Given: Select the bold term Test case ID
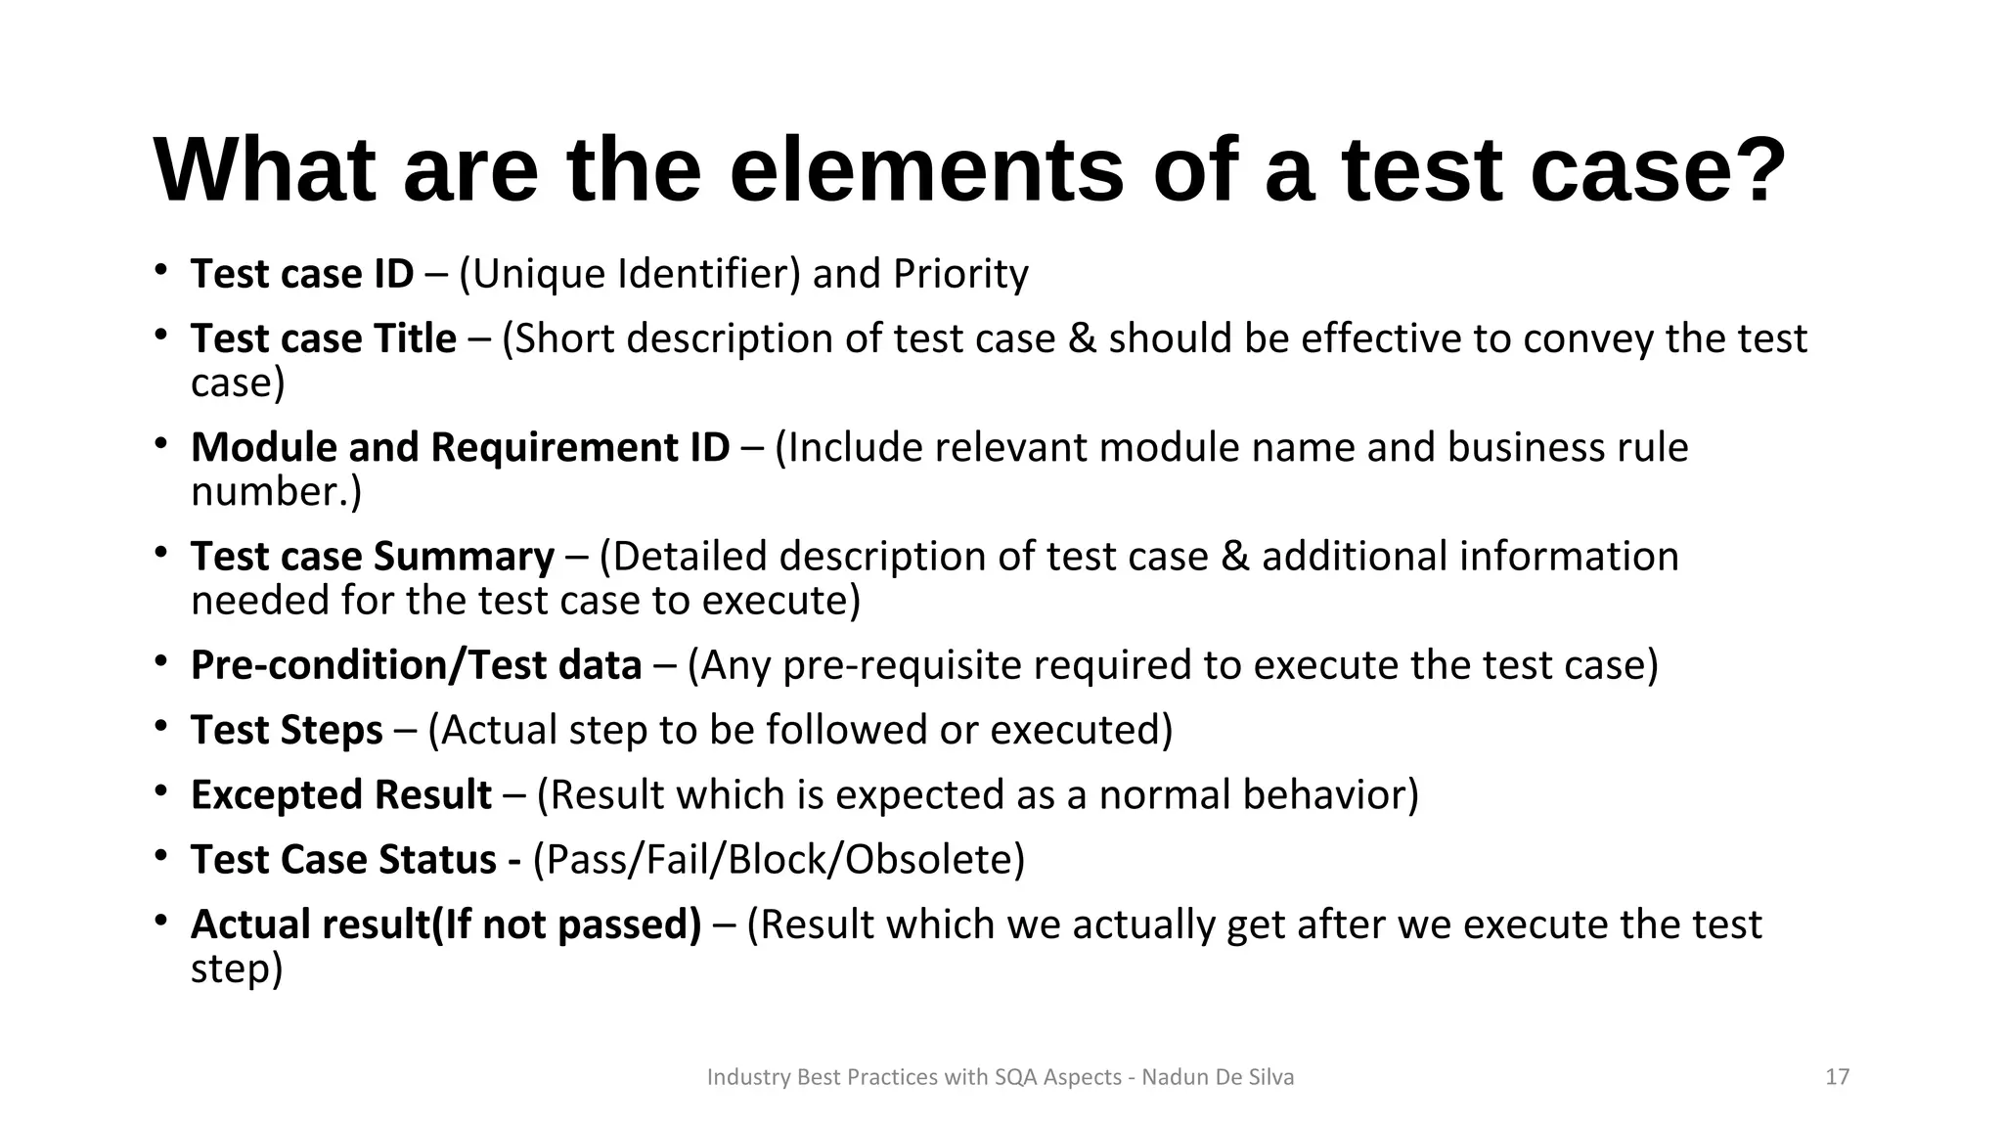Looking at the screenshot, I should pos(302,274).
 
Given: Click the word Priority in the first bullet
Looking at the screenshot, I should pos(960,274).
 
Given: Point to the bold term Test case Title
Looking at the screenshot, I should pos(324,338).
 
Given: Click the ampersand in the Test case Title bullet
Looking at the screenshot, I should pos(1082,338).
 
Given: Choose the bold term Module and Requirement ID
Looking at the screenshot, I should pos(460,447).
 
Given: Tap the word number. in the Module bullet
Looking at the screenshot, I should pos(276,491).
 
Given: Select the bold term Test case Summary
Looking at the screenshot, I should pos(373,556).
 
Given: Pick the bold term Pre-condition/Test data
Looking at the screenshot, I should pos(416,665).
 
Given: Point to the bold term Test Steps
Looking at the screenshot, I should pos(287,730).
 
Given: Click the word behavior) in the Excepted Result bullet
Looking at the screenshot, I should pos(1331,794).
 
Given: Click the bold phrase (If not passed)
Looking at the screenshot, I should pos(567,924).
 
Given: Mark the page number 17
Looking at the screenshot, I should pos(1838,1077).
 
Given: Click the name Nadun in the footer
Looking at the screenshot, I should pos(1175,1077).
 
